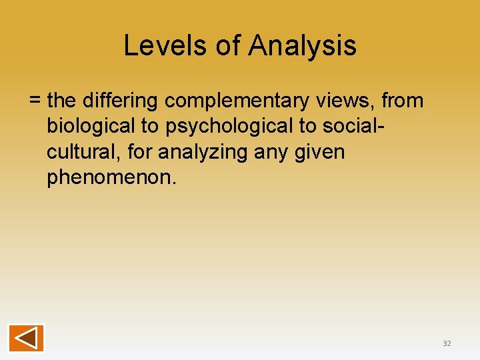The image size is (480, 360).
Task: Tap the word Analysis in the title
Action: [x=302, y=45]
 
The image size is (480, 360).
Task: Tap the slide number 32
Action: [x=447, y=343]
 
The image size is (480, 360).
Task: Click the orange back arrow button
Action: [x=26, y=337]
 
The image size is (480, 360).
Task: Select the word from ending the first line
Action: [x=402, y=101]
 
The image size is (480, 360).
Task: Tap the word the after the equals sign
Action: [x=63, y=101]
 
